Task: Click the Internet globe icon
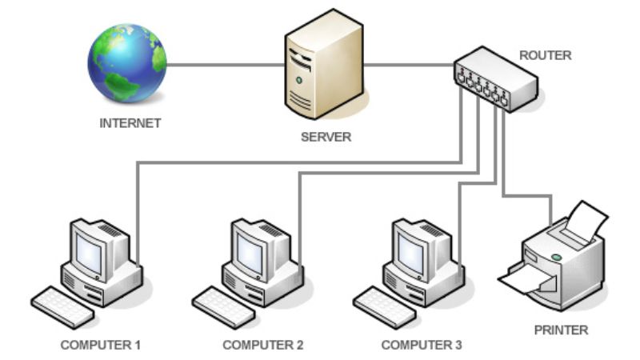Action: tap(127, 62)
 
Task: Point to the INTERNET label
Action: tap(130, 123)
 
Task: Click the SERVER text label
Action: tap(326, 137)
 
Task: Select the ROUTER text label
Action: tap(546, 56)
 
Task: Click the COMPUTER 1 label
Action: tap(101, 346)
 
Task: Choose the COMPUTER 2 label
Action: tap(263, 346)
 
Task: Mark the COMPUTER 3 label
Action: tap(422, 346)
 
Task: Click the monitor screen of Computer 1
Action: tap(88, 252)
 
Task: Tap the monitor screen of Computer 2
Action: tap(249, 252)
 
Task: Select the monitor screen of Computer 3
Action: tap(410, 252)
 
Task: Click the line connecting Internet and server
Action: tap(224, 65)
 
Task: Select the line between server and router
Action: tap(408, 65)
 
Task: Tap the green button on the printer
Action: tap(555, 258)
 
